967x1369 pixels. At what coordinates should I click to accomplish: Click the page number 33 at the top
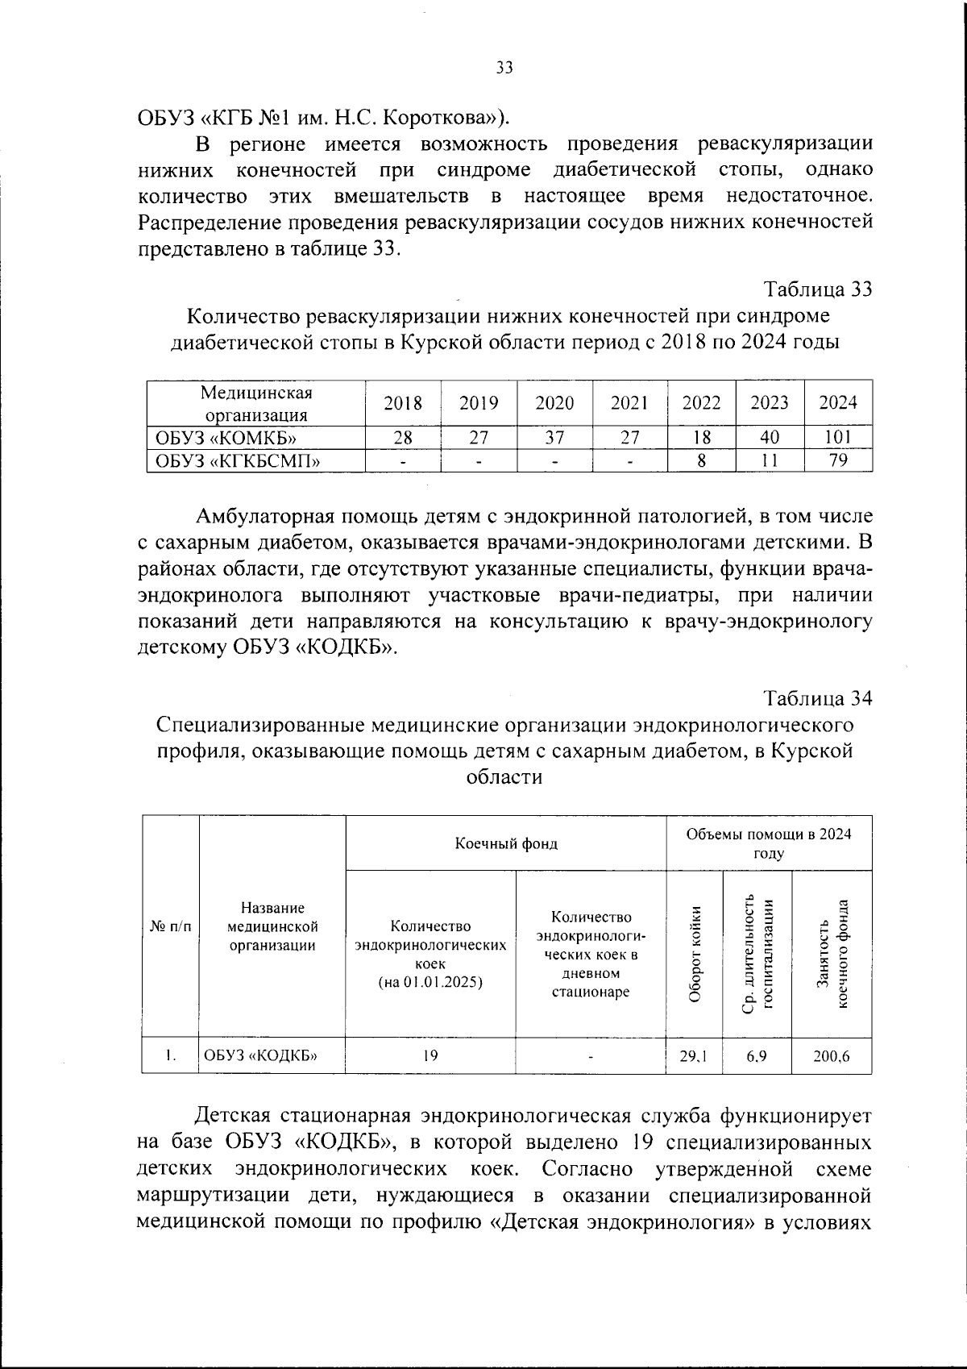pos(504,68)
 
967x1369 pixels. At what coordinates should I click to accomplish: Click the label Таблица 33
pos(818,289)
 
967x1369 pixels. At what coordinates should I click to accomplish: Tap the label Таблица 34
pos(818,698)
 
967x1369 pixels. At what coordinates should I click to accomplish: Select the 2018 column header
pos(403,403)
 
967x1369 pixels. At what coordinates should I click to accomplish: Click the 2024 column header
pos(838,403)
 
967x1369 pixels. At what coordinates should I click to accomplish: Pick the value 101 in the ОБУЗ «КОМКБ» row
pos(838,438)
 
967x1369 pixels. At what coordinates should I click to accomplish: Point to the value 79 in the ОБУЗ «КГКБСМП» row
pos(838,461)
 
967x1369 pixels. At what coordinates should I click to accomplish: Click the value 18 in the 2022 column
pos(702,438)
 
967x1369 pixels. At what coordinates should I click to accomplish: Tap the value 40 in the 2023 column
pos(770,438)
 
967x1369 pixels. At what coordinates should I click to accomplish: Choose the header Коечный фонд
pos(506,843)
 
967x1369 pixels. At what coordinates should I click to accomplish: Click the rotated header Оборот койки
pos(695,954)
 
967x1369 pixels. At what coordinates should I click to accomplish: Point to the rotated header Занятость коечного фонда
pos(832,954)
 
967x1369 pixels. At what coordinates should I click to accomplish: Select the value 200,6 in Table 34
pos(832,1056)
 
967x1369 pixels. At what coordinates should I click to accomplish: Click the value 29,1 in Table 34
pos(695,1056)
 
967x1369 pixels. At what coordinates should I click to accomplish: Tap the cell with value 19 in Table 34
pos(430,1056)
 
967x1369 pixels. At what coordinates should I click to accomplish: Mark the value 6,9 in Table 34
pos(757,1056)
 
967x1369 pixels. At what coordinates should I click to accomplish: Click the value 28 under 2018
pos(403,438)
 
